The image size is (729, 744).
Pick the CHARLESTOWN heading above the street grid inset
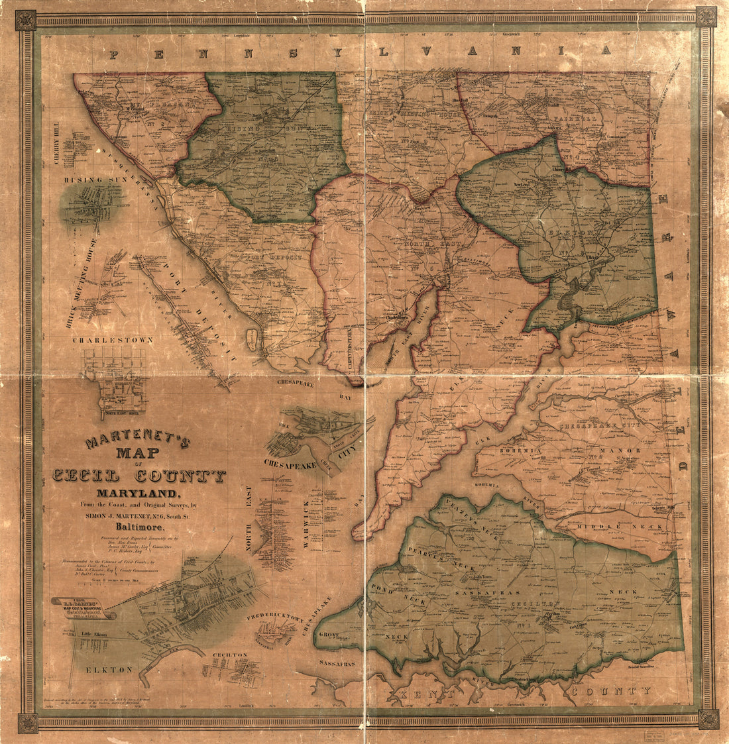click(x=112, y=340)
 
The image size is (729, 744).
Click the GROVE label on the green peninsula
click(x=328, y=635)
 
